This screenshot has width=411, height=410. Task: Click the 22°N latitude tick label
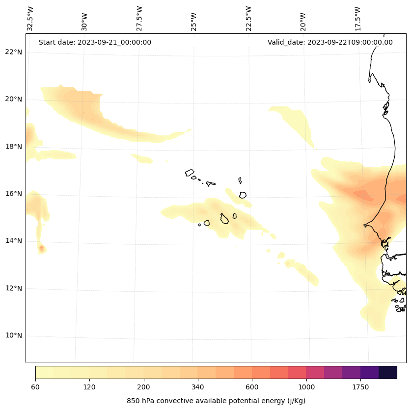click(14, 52)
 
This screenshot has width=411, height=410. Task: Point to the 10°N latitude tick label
click(14, 336)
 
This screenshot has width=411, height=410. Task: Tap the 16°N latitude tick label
click(14, 194)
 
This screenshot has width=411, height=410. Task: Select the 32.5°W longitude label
click(30, 18)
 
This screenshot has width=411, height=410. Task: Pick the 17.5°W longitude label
click(357, 18)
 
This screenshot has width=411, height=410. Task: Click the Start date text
click(95, 42)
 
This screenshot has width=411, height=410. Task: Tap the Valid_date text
click(330, 42)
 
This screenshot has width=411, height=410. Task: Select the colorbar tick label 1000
click(306, 387)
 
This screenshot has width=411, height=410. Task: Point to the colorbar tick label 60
click(35, 387)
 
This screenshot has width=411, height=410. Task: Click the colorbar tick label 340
click(198, 387)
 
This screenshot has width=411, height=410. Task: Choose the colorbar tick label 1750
click(360, 387)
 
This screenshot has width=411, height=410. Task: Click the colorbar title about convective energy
click(216, 401)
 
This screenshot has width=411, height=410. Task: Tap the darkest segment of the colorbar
click(388, 372)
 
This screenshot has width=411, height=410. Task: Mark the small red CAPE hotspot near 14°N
click(42, 249)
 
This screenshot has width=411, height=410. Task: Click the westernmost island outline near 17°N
click(190, 173)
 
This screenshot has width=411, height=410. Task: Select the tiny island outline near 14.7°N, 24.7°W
click(199, 225)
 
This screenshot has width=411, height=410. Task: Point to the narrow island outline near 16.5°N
click(240, 180)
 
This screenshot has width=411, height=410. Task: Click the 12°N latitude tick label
click(14, 288)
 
